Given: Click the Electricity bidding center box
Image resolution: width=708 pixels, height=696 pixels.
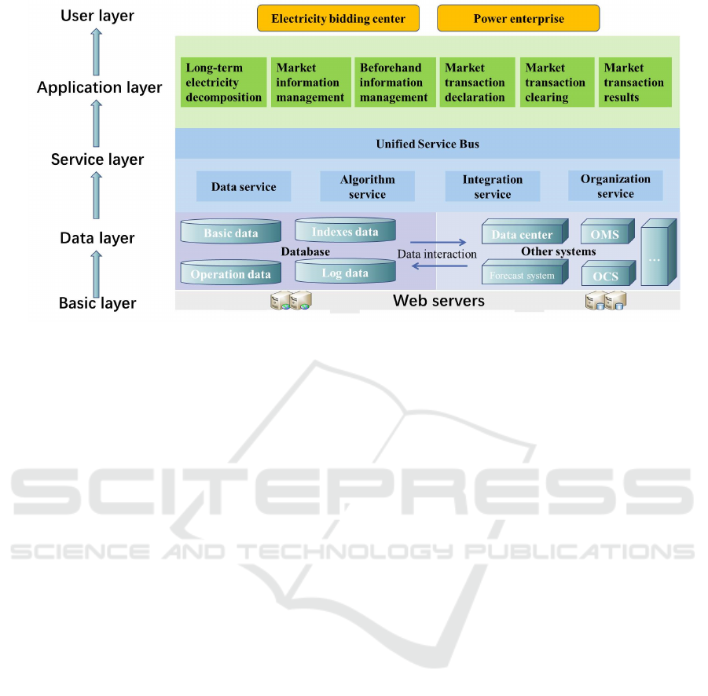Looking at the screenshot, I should point(338,18).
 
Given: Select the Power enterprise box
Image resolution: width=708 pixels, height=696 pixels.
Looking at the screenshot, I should point(518,18).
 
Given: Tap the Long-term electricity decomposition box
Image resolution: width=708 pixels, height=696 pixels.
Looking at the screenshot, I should point(223,82).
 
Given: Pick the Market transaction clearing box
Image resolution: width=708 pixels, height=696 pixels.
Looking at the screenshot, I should point(556,82).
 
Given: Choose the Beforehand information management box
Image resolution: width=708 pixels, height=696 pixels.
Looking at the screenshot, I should point(393,82).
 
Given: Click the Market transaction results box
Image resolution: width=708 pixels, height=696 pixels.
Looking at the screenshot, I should point(634,82).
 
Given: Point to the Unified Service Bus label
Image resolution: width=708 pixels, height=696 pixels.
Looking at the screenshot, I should point(427,144).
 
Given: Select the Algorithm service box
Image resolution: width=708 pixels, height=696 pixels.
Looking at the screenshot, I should point(367,187).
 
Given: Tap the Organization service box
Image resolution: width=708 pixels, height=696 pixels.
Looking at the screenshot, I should point(615,186).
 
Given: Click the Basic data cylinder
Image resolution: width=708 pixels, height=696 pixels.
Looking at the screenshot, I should point(230,232).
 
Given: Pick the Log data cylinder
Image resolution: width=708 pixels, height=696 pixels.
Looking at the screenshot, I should point(345,272).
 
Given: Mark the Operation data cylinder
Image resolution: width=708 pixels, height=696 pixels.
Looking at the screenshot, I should point(230,273).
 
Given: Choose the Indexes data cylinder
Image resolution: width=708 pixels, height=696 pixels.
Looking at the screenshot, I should point(345,231).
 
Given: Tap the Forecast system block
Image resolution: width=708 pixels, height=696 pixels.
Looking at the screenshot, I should point(522,274).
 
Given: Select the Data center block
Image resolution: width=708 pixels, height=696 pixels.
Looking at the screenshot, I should point(523,233).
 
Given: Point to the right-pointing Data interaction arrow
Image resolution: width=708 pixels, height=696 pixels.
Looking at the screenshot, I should point(436,241).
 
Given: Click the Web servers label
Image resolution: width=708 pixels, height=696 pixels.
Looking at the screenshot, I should point(438,300).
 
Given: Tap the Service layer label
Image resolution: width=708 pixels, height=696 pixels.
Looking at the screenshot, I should point(97,159).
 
